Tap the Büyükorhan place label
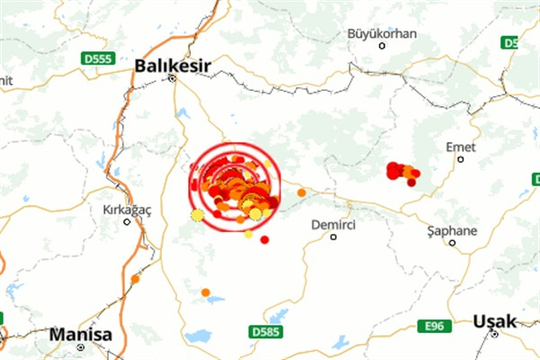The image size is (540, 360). point(382,33)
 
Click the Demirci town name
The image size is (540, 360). point(332,224)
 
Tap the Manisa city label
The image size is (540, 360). point(81,334)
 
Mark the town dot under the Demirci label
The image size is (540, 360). point(333,238)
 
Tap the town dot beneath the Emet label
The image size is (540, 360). point(460,159)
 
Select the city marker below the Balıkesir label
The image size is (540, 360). point(173,78)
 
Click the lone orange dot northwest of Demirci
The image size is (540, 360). point(301,192)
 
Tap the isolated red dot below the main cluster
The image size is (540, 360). point(265,239)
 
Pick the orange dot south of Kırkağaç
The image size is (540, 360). point(135,279)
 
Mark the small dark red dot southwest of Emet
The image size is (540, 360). point(411,183)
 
